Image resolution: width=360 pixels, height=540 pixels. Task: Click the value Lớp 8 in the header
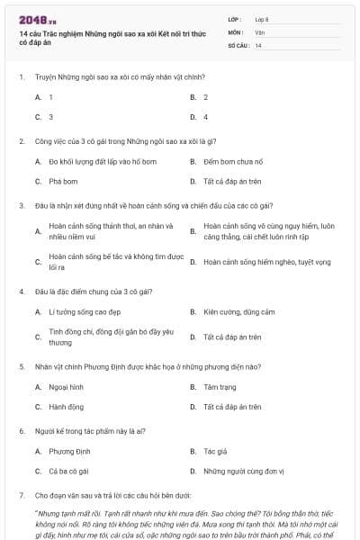point(263,19)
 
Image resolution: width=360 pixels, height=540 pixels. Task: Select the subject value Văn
point(259,32)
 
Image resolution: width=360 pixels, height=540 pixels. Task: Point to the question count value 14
point(258,45)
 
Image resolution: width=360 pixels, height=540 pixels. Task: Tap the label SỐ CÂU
point(237,45)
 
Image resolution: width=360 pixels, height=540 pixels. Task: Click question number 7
point(22,495)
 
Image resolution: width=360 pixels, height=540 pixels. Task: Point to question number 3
point(22,205)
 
